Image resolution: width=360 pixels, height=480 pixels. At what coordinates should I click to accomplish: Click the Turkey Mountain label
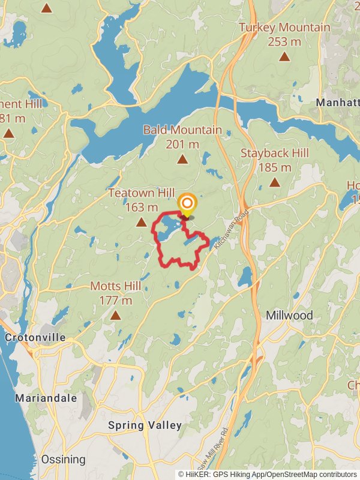(284, 28)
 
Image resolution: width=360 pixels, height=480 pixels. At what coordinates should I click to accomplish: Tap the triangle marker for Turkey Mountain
(284, 57)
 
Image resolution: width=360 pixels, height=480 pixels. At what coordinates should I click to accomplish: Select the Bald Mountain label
(182, 130)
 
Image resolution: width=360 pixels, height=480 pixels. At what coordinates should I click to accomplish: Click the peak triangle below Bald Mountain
(182, 159)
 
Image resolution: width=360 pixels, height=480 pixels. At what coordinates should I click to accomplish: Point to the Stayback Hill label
(275, 153)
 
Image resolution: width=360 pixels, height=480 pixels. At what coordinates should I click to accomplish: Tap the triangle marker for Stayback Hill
(275, 182)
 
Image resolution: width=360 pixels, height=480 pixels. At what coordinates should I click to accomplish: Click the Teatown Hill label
(142, 193)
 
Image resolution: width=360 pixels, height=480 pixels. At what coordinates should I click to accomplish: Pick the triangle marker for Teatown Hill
(142, 223)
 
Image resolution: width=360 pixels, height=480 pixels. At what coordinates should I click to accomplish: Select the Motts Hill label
(116, 286)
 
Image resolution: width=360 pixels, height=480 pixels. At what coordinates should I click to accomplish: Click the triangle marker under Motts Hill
(115, 315)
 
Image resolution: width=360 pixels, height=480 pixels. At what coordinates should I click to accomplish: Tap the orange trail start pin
(187, 204)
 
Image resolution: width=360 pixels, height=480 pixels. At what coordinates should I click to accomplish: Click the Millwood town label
(290, 315)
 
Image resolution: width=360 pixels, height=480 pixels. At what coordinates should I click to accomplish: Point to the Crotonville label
(35, 337)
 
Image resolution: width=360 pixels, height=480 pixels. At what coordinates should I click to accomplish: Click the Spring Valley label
(145, 425)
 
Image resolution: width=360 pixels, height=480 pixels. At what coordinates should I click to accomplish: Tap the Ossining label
(63, 459)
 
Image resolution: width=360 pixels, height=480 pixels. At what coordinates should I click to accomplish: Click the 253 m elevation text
(284, 42)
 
